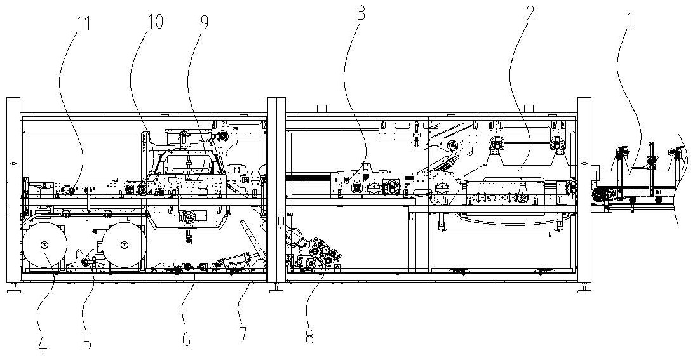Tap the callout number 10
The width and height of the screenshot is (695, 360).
click(x=154, y=22)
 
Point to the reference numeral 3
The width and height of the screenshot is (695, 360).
click(x=360, y=13)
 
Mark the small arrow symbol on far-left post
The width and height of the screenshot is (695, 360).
click(x=12, y=163)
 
